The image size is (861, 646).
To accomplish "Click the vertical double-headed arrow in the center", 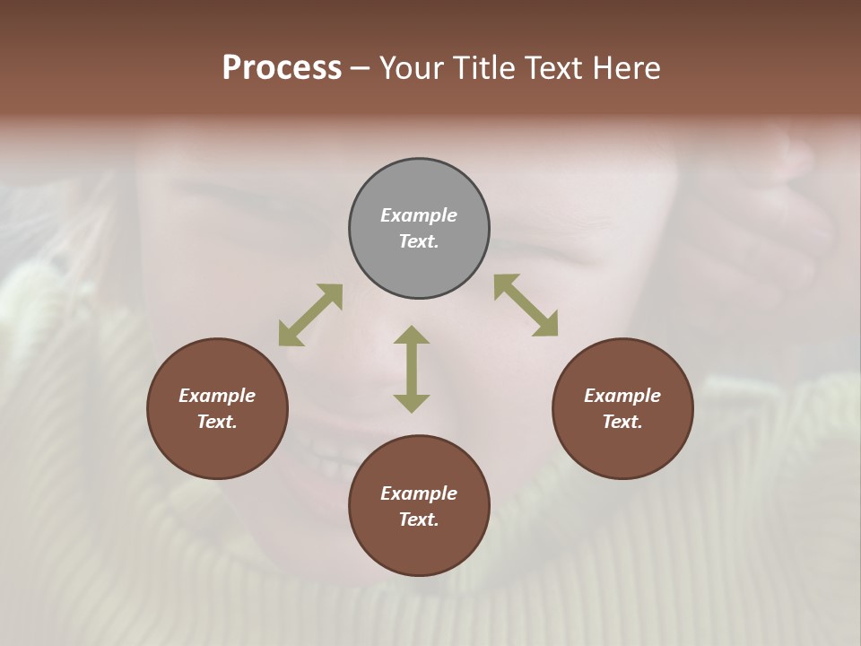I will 412,369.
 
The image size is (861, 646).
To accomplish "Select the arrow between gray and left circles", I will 310,315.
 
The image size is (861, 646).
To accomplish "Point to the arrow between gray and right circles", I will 526,305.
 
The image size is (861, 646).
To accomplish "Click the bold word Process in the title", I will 282,68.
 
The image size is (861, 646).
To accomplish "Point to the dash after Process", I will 360,68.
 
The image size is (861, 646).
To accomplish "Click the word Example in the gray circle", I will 419,215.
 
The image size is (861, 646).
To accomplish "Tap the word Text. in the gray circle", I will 419,241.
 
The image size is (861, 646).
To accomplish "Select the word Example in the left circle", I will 217,396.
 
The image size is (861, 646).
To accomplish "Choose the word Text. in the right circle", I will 622,422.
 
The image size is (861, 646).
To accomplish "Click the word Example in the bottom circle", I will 419,493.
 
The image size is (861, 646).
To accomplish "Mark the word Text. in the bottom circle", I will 419,519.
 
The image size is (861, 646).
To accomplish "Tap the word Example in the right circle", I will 622,396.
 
